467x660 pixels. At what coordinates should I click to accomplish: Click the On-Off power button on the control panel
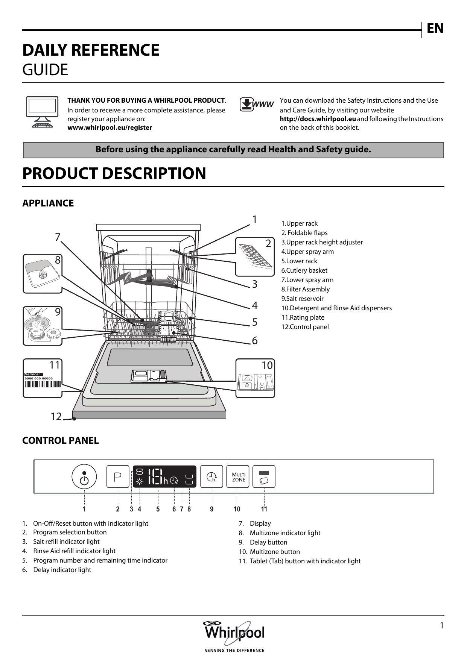click(84, 477)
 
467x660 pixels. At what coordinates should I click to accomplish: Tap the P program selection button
click(118, 477)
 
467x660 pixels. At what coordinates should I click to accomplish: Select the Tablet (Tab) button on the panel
click(264, 477)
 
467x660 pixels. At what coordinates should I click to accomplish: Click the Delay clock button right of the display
click(211, 477)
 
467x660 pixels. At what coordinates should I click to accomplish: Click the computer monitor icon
click(42, 112)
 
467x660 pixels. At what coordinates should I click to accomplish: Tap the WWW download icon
click(257, 105)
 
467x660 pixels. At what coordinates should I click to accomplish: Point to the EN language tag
click(435, 29)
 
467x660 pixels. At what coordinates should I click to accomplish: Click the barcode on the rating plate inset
click(43, 384)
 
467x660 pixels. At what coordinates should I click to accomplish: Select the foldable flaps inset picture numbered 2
click(255, 257)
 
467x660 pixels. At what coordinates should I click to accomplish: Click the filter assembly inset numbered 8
click(42, 273)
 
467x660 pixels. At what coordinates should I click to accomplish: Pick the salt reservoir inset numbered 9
click(42, 326)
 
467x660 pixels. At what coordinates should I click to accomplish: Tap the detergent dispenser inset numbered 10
click(255, 378)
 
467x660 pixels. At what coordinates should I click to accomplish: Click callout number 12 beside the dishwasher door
click(56, 416)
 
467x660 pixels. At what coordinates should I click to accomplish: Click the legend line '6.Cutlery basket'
click(304, 270)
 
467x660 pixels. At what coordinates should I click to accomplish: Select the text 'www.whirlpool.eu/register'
click(110, 127)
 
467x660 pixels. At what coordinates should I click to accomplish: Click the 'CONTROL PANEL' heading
click(61, 440)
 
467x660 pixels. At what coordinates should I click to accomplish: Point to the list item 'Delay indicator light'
click(62, 570)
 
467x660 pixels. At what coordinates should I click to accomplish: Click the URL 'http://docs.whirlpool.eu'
click(318, 119)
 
